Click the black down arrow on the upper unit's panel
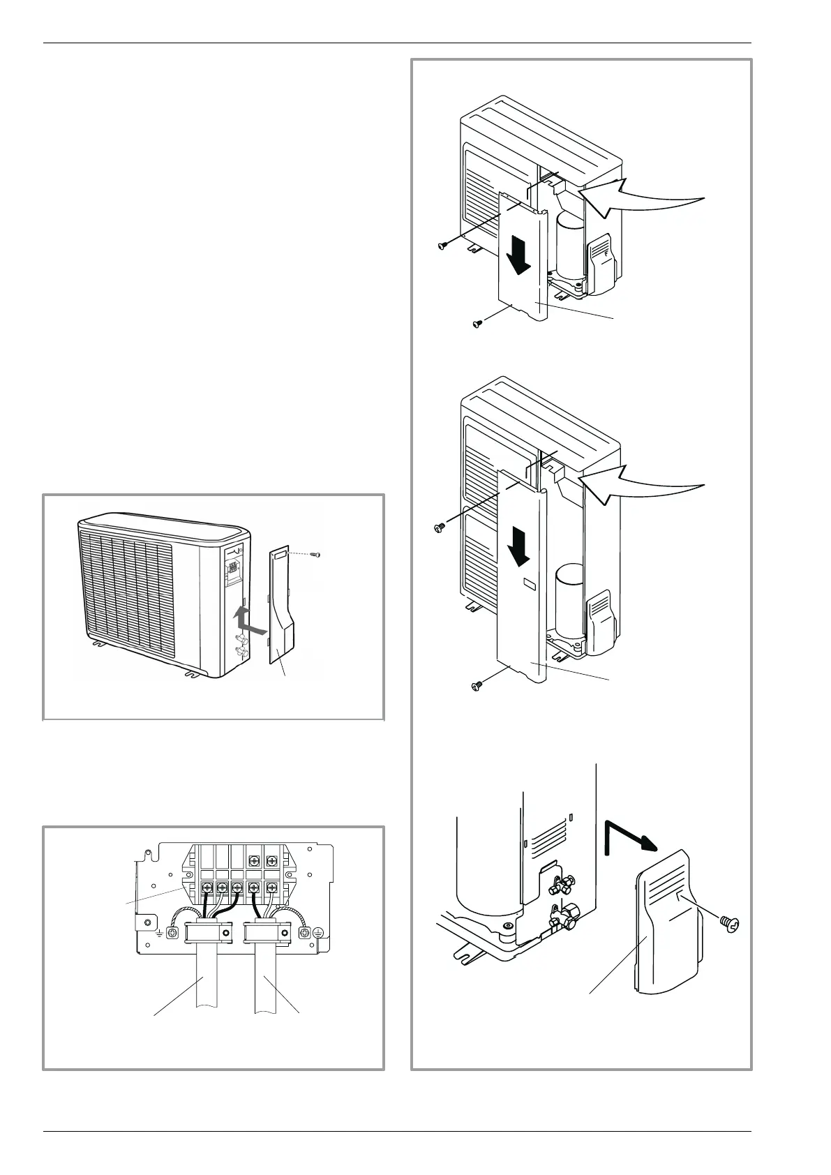point(518,257)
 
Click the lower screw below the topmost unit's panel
point(478,324)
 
